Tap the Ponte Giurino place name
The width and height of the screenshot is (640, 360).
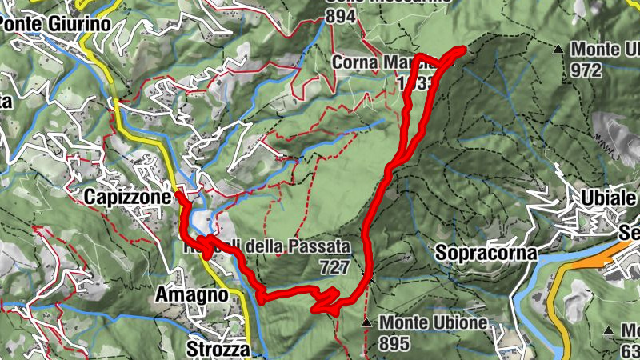tap(54, 24)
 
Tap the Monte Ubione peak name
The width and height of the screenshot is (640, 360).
tap(434, 323)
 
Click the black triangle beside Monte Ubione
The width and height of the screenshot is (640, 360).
tap(366, 323)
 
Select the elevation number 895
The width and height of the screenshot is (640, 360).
tap(395, 342)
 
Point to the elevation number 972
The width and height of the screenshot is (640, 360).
tap(586, 70)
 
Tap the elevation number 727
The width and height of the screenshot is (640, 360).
tap(334, 265)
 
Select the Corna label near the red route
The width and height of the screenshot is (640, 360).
tap(354, 62)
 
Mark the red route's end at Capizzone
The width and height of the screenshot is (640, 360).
tap(177, 194)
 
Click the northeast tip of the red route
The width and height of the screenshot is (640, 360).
tap(462, 50)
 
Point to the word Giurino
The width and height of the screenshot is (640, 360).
tap(82, 24)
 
